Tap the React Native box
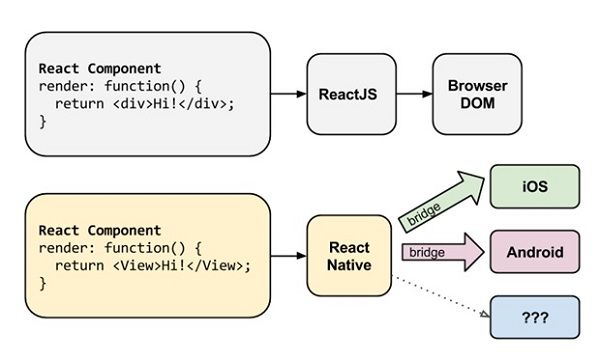(347, 256)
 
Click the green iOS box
(534, 186)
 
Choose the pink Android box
(534, 250)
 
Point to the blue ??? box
(534, 316)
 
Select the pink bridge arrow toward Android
(439, 251)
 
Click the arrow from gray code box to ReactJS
(288, 94)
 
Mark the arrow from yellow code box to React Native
(288, 256)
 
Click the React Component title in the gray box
(99, 68)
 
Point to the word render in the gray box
(62, 85)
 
